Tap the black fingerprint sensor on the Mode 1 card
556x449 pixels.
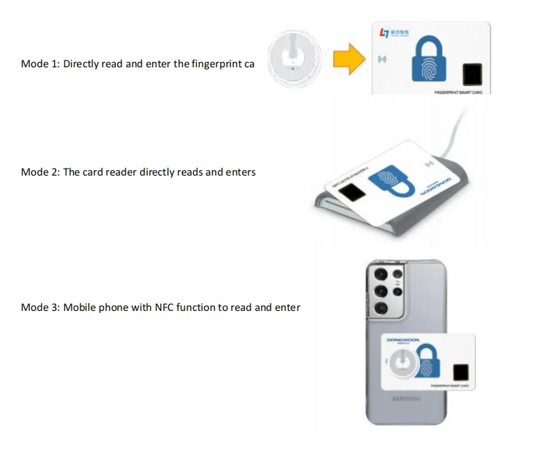(473, 74)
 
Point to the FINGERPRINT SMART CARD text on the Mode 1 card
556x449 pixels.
(457, 92)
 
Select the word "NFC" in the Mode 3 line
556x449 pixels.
(164, 307)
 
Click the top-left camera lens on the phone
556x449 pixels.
(380, 274)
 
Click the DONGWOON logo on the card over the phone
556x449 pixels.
(405, 341)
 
